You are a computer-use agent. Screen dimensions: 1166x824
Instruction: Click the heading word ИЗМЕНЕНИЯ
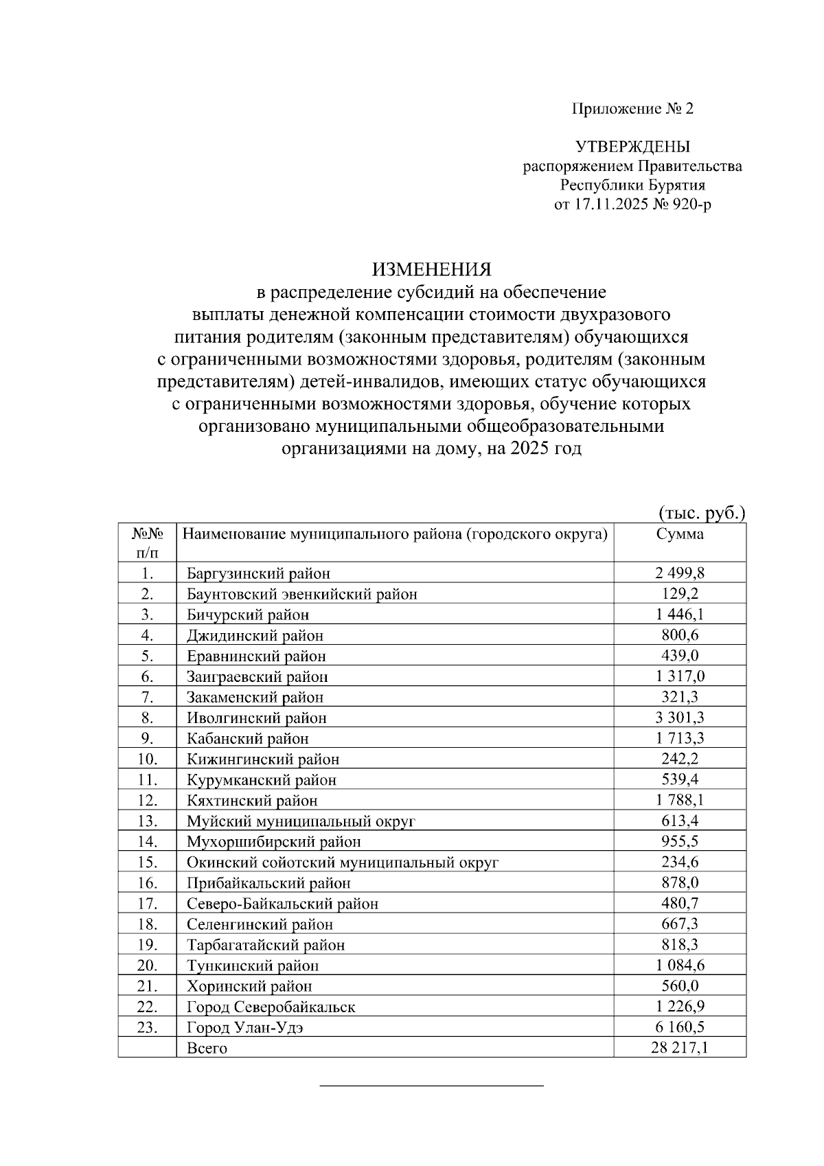coord(432,268)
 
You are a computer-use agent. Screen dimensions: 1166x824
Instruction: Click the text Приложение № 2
coord(632,109)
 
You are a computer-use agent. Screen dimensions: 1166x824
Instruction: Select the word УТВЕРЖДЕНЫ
coord(632,147)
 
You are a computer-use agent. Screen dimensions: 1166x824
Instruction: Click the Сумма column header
coord(680,534)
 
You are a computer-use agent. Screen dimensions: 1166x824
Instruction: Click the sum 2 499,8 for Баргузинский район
coord(680,573)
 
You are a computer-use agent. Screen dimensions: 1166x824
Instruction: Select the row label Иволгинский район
coord(257,718)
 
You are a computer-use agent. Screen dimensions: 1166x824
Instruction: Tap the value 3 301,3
coord(680,718)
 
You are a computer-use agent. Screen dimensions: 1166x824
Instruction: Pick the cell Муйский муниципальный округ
coord(301,821)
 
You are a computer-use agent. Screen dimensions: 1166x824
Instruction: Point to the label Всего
coord(207,1049)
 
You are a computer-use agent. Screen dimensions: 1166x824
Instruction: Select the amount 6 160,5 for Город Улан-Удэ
coord(680,1027)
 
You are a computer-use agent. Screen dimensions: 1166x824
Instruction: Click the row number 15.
coord(147,862)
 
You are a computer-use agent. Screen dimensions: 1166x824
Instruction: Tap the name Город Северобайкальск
coord(271,1007)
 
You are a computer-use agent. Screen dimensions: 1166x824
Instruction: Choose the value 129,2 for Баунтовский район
coord(680,593)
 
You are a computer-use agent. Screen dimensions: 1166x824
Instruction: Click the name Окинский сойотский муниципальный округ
coord(343,862)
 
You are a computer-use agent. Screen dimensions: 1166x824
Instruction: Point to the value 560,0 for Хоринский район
coord(680,986)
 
